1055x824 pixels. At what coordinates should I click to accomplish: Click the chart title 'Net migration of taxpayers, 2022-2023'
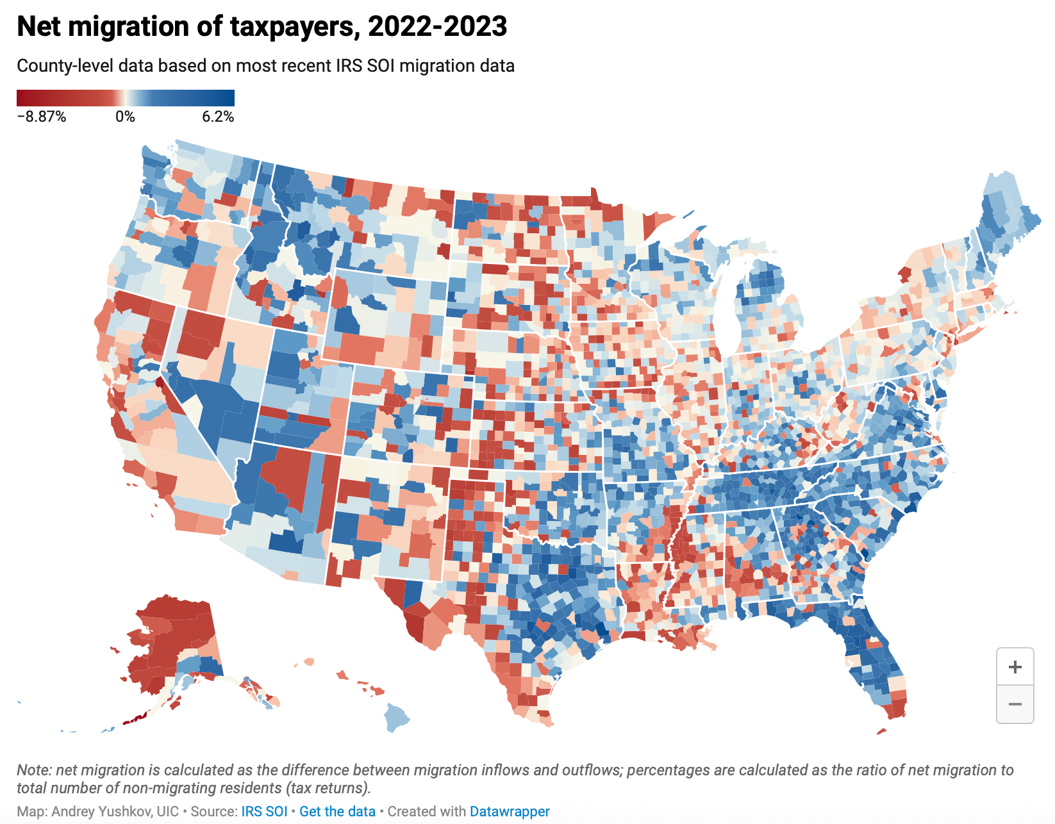click(262, 27)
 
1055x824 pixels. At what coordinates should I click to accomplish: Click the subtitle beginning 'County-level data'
click(265, 66)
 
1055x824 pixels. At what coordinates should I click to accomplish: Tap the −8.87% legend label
click(41, 117)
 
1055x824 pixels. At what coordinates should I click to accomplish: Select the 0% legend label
click(125, 117)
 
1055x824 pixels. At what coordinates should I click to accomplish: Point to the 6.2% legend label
click(218, 117)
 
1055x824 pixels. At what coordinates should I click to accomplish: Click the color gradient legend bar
click(126, 97)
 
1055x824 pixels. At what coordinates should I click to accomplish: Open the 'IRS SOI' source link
click(264, 811)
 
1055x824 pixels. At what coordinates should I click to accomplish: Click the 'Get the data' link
click(337, 811)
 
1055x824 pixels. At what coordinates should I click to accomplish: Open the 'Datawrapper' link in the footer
click(510, 811)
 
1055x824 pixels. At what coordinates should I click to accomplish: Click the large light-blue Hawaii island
click(397, 716)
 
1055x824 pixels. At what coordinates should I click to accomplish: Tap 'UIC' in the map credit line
click(168, 811)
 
